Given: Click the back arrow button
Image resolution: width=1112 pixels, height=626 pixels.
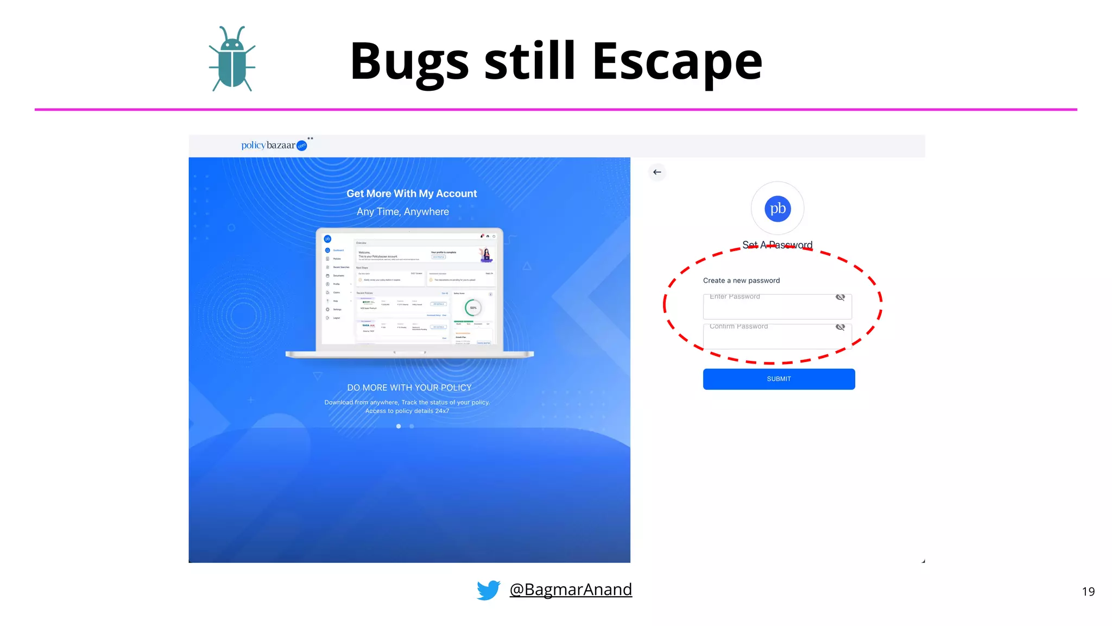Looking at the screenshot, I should (657, 172).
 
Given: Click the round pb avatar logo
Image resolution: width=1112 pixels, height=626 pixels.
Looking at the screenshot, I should (778, 209).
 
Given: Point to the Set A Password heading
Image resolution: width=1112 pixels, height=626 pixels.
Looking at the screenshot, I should (777, 245).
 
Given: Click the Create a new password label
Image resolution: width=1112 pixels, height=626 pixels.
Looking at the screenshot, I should (741, 280).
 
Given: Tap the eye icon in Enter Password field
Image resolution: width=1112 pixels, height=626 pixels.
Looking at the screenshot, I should (840, 297).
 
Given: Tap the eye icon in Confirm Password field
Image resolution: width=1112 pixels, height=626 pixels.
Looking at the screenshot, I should (840, 327).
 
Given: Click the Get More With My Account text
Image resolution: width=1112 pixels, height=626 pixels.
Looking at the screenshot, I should (412, 193).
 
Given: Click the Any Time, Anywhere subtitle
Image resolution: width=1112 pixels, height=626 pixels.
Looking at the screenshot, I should (403, 211).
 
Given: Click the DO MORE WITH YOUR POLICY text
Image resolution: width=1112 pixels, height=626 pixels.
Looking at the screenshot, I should (409, 387).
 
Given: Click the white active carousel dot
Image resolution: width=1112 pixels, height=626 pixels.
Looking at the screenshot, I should (399, 427).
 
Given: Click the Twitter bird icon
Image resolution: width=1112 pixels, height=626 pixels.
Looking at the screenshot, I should (488, 590).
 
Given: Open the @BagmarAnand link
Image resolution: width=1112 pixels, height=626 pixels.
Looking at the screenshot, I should (571, 590).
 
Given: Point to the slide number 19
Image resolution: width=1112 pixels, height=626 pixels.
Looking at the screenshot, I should (1088, 592).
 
